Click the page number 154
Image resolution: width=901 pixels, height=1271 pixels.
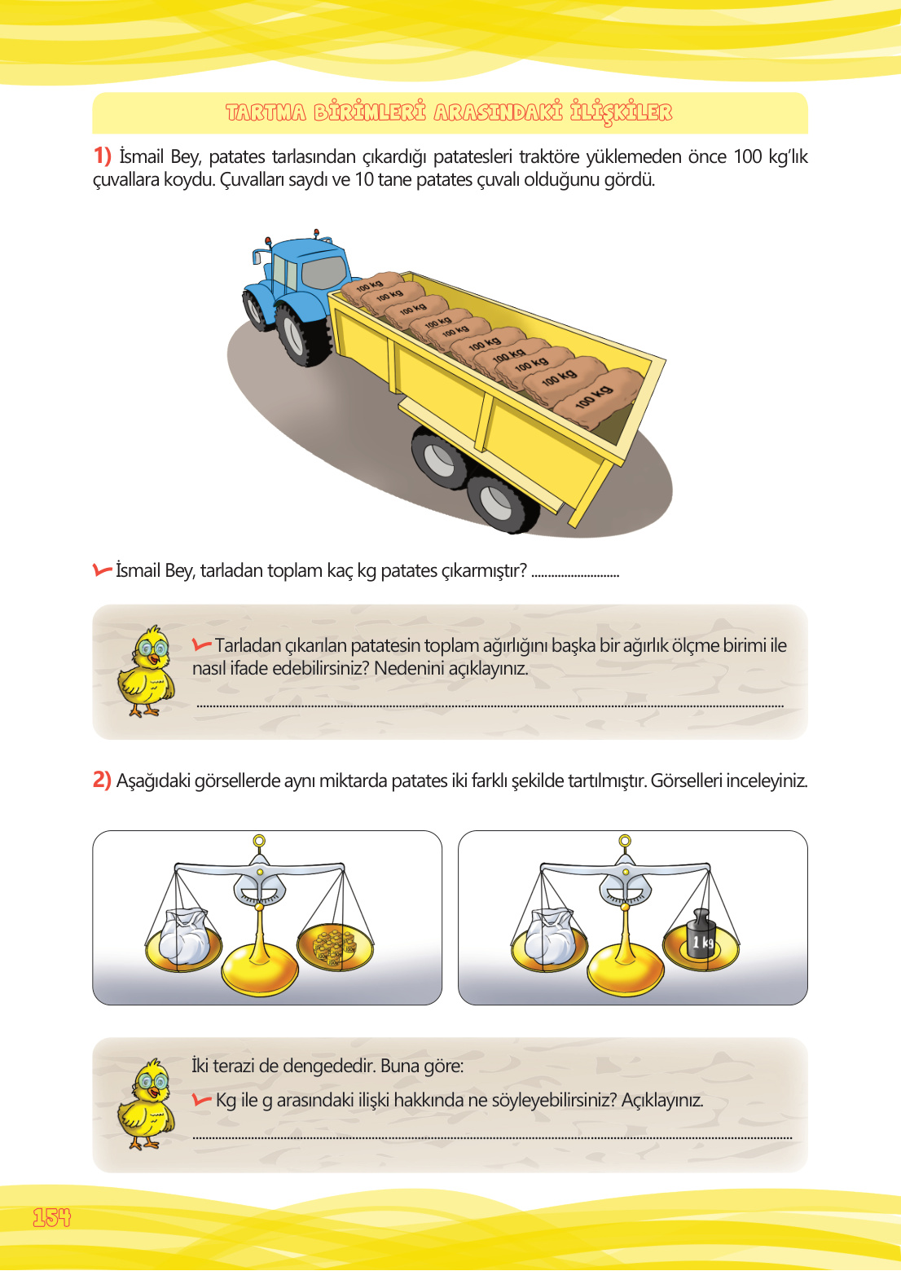click(51, 1217)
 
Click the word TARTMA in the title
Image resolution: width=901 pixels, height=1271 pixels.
click(266, 112)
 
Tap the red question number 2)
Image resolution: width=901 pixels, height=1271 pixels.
click(102, 780)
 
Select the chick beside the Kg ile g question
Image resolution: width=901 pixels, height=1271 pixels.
click(147, 1105)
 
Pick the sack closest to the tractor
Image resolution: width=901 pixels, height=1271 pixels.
click(371, 286)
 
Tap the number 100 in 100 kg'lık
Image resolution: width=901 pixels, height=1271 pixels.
click(747, 156)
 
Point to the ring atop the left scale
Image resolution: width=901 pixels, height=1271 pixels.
click(259, 841)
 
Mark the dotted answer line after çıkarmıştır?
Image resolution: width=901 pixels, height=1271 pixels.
click(575, 574)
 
